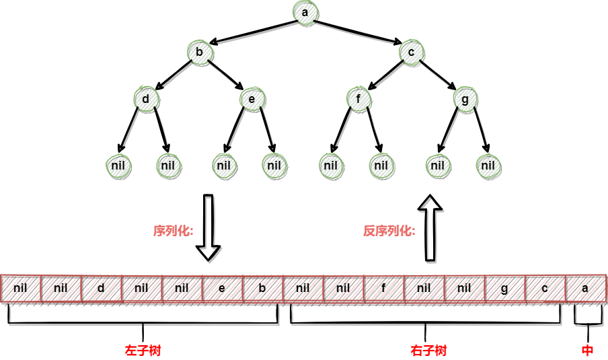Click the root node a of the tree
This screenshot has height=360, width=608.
pyautogui.click(x=305, y=13)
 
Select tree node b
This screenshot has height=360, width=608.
pyautogui.click(x=200, y=52)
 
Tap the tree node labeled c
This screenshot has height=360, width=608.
pyautogui.click(x=411, y=52)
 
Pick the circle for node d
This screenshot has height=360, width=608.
pyautogui.click(x=146, y=99)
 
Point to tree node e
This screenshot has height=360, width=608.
pyautogui.click(x=252, y=99)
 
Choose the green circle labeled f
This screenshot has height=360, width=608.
pyautogui.click(x=358, y=99)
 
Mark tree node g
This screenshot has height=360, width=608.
pyautogui.click(x=465, y=99)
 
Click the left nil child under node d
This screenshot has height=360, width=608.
pyautogui.click(x=118, y=166)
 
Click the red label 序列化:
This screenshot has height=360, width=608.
pyautogui.click(x=173, y=231)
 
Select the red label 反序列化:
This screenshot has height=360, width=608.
pyautogui.click(x=389, y=231)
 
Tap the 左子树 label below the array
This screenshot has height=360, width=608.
pyautogui.click(x=143, y=351)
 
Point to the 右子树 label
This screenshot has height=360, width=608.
pyautogui.click(x=428, y=351)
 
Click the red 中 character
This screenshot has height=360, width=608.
pyautogui.click(x=587, y=351)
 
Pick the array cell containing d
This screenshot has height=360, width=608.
pyautogui.click(x=102, y=289)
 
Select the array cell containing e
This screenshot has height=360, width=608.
pyautogui.click(x=223, y=289)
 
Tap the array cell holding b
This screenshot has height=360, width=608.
pyautogui.click(x=263, y=289)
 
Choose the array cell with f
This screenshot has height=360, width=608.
pyautogui.click(x=384, y=289)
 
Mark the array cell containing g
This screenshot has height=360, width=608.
pyautogui.click(x=505, y=289)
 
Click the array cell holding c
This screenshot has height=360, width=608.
pyautogui.click(x=545, y=289)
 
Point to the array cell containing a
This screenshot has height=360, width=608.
pyautogui.click(x=586, y=289)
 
